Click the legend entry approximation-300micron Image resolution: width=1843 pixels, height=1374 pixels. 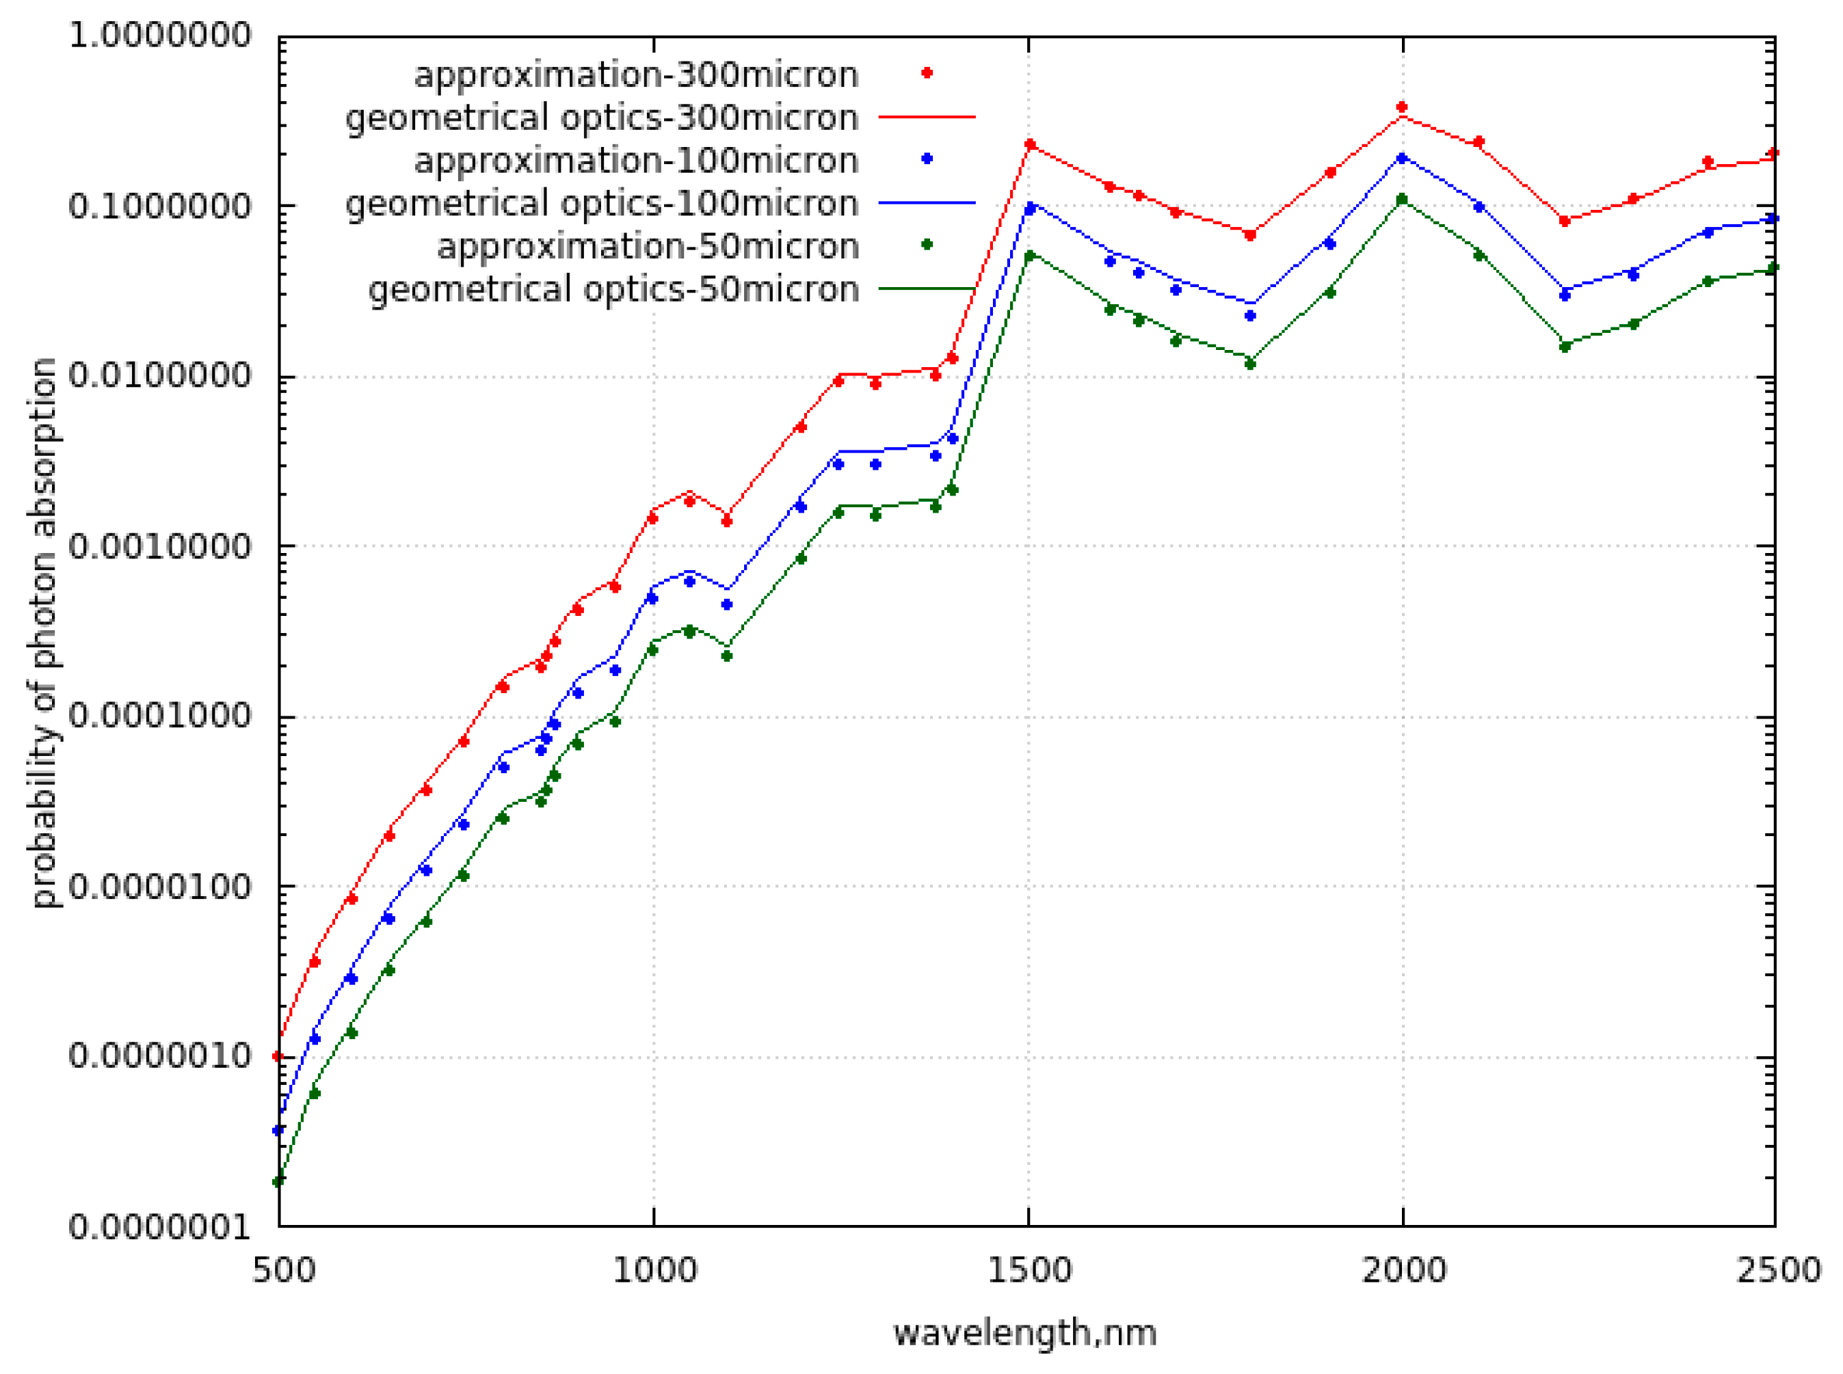click(636, 75)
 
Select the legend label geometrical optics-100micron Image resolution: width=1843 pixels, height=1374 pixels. click(602, 204)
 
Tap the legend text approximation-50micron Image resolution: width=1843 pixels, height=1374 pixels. click(648, 246)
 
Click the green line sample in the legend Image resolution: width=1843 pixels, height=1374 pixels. click(926, 288)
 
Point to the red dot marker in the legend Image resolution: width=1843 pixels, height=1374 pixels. click(927, 73)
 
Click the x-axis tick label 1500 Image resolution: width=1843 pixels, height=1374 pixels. click(1029, 1271)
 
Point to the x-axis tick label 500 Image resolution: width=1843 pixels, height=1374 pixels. click(284, 1271)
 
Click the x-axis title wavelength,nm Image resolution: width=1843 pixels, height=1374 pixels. click(1025, 1333)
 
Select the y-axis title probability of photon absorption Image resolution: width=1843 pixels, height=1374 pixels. click(43, 632)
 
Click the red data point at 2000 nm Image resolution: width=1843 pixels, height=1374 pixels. click(1402, 107)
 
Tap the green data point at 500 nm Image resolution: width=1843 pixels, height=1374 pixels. click(279, 1182)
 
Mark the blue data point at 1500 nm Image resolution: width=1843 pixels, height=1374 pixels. click(1030, 208)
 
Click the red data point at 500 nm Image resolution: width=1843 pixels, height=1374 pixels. click(279, 1056)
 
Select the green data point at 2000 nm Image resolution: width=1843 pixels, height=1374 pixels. click(1402, 200)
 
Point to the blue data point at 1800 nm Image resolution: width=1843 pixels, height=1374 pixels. click(1249, 316)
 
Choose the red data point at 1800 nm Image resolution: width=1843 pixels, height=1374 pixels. click(1249, 235)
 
